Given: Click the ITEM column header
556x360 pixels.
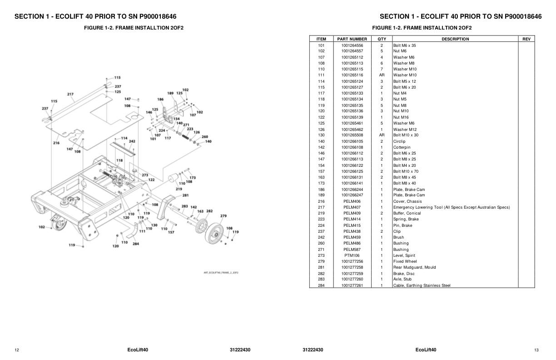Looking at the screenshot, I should pos(321,39).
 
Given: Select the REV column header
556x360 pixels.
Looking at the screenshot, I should pos(526,39).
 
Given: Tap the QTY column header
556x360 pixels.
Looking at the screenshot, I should pos(382,39).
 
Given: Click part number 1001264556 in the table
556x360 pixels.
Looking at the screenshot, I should pos(352,45).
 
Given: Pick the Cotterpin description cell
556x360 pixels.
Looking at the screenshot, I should pos(402,147).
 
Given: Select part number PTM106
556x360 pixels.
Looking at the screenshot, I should pos(352,255).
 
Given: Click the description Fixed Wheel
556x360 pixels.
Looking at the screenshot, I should pos(405,261).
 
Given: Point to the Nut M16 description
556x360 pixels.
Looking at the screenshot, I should pos(401,117).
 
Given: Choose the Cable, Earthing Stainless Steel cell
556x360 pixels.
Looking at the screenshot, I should pos(422,285).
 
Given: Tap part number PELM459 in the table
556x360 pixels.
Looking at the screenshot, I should pos(352,237).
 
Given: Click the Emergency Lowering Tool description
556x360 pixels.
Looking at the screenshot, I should pos(452,207).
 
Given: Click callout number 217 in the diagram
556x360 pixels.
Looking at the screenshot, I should pos(70,95).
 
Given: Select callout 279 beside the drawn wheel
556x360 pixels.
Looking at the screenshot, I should pos(223,216).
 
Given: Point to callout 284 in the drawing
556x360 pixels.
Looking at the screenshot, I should pos(135,244).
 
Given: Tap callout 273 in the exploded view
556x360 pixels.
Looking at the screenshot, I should pos(145,175).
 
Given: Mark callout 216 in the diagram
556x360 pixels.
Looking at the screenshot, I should pos(56,143).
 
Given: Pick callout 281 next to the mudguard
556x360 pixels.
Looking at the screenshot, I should pos(185,195).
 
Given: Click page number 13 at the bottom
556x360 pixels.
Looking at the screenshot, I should pos(536,350).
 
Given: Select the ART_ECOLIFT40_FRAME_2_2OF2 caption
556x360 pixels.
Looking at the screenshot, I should pos(221,273).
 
